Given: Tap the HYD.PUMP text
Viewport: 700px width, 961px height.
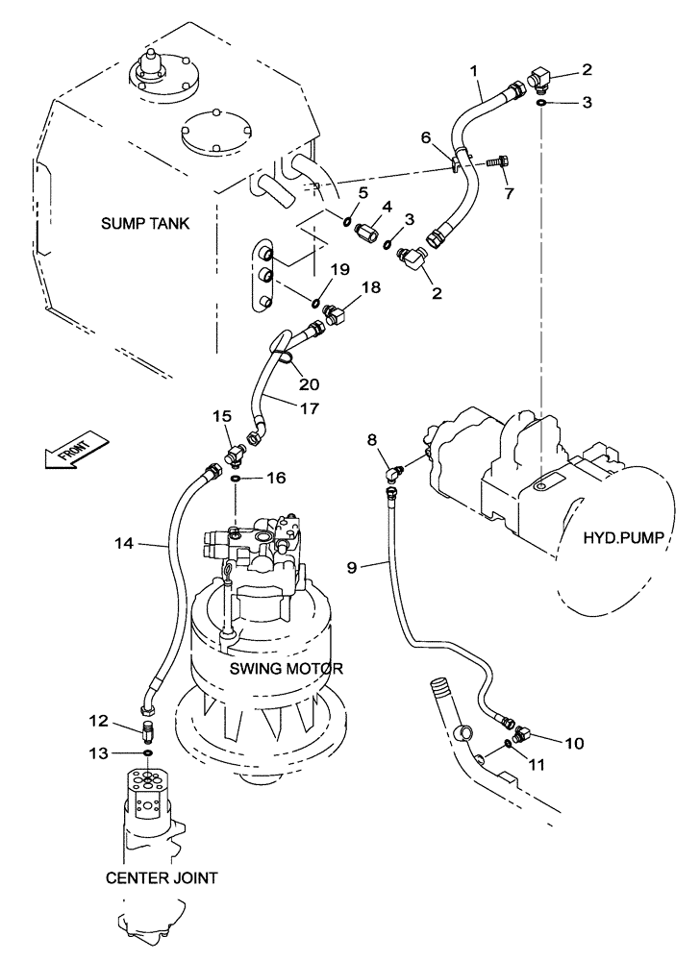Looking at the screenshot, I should tap(624, 539).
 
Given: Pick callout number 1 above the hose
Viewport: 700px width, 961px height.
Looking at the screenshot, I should tap(473, 70).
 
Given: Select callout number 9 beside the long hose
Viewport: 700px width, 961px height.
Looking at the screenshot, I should tap(352, 568).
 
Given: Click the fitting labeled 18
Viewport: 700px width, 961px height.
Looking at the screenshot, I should tap(339, 312).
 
